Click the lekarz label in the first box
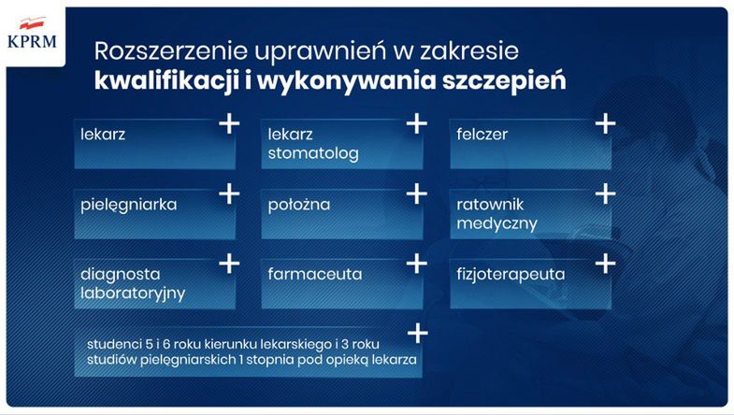click(x=104, y=134)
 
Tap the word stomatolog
click(x=312, y=154)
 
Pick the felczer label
click(x=482, y=134)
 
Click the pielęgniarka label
click(x=129, y=203)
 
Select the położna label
click(x=298, y=203)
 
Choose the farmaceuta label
click(x=314, y=275)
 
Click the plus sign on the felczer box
click(x=605, y=122)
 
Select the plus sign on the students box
click(x=417, y=333)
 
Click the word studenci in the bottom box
click(x=111, y=343)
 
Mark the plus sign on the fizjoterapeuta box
click(x=605, y=265)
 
